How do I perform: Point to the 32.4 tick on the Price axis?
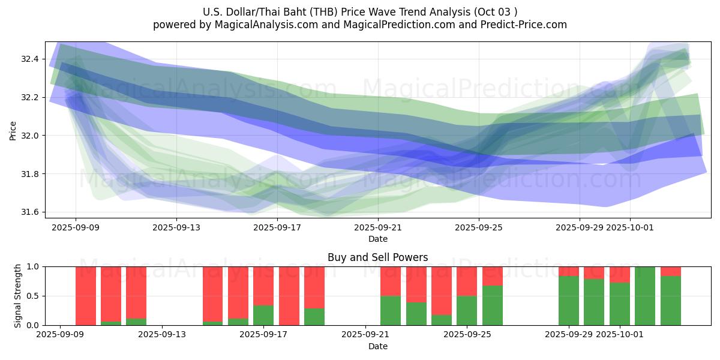(29, 59)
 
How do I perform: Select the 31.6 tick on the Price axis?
(29, 212)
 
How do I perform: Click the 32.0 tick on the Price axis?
(29, 136)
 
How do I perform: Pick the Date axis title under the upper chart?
(378, 239)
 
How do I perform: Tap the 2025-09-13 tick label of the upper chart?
(176, 228)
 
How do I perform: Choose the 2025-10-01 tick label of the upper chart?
(630, 228)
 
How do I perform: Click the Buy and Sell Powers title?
(378, 257)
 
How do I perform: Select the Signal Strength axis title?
(18, 296)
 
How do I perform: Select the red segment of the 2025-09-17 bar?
(263, 286)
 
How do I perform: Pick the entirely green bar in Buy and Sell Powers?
(645, 296)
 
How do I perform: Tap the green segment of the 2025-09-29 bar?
(569, 301)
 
